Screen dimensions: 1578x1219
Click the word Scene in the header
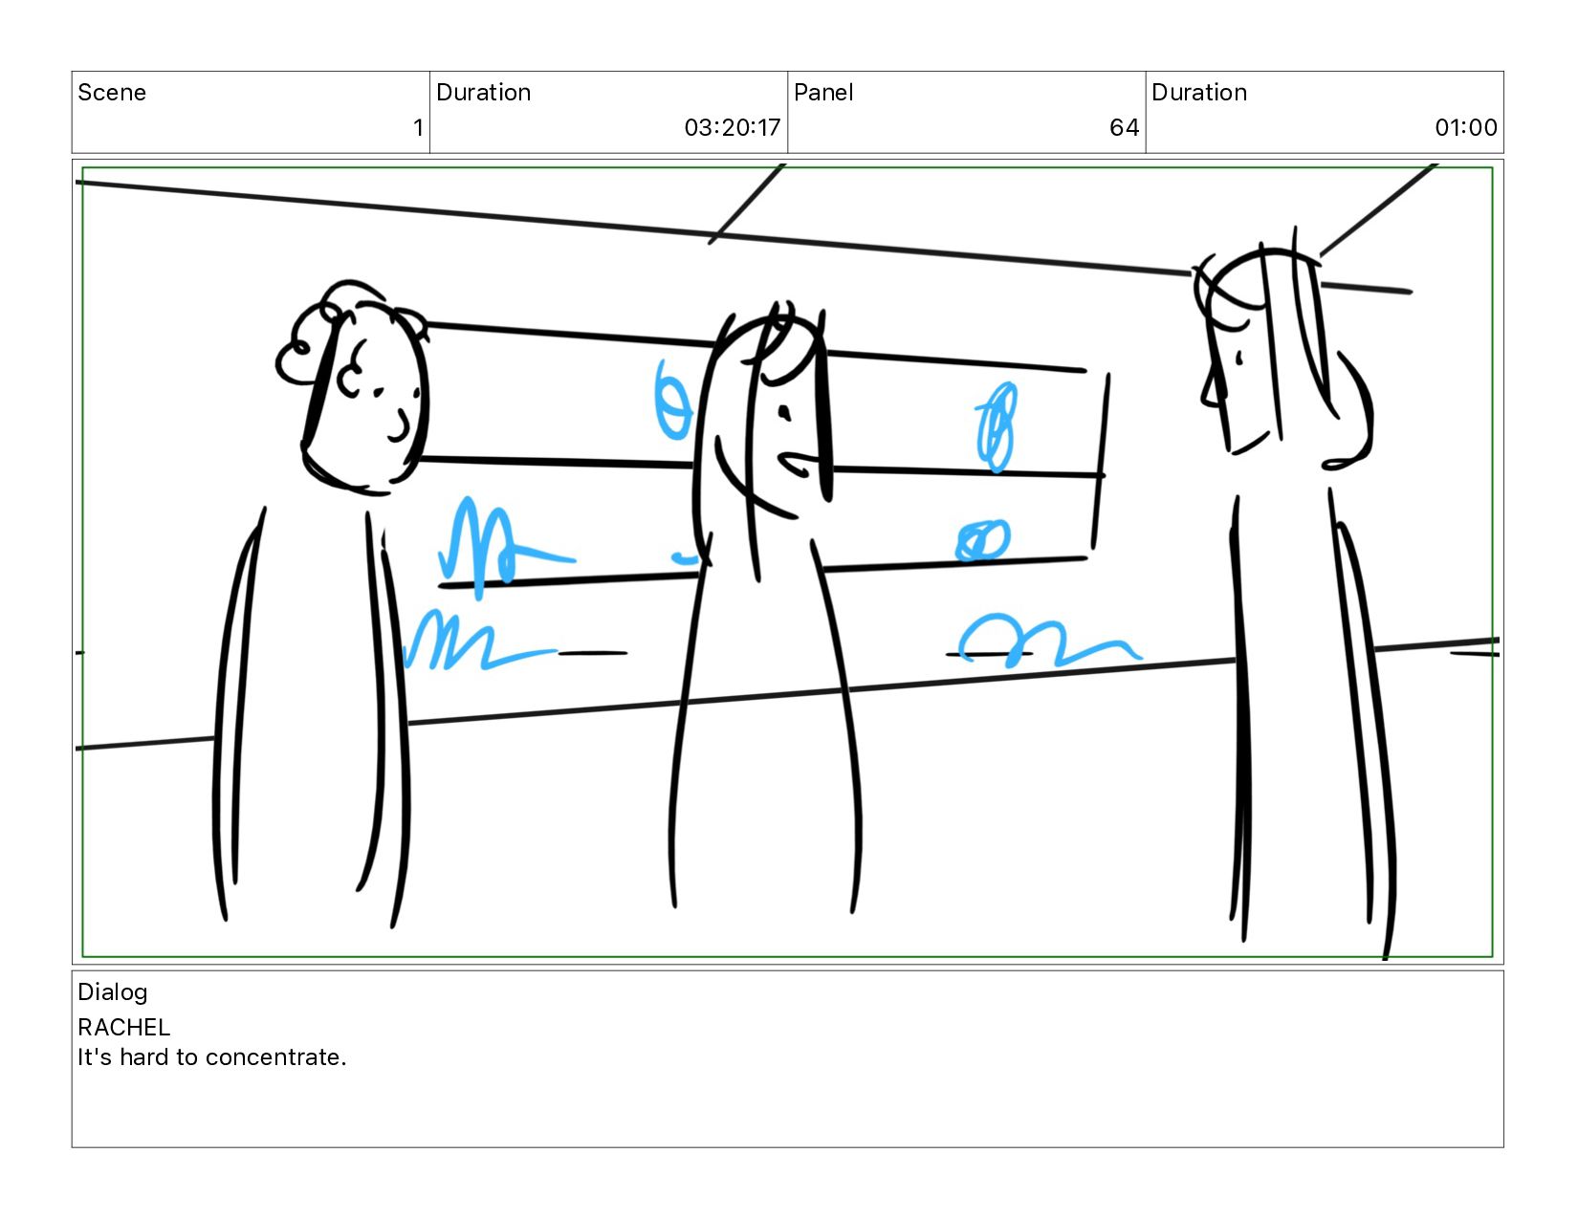tap(112, 92)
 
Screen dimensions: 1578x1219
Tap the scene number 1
tap(418, 128)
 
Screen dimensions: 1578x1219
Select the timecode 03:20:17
tap(732, 128)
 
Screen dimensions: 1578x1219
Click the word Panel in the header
tap(822, 92)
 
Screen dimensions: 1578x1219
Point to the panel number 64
tap(1124, 128)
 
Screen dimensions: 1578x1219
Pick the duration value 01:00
tap(1465, 128)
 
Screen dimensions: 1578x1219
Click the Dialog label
tap(113, 993)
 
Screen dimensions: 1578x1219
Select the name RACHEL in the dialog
tap(124, 1028)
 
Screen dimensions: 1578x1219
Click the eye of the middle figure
tap(784, 413)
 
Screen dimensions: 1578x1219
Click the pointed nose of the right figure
tap(1212, 387)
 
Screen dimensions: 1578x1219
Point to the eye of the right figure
tap(1239, 358)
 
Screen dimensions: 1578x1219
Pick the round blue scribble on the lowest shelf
tap(982, 540)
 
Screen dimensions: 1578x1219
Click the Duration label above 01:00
tap(1199, 92)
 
